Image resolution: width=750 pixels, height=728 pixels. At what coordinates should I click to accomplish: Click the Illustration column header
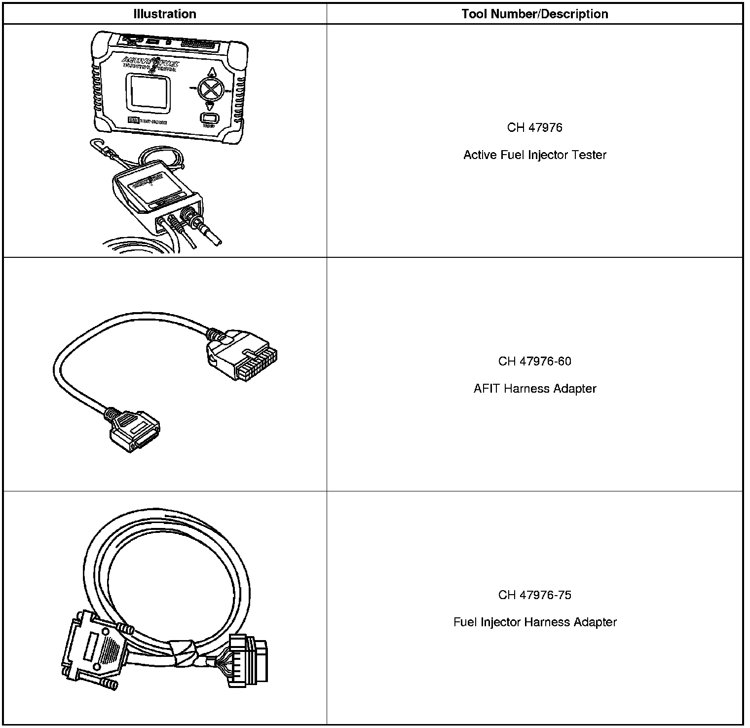point(164,14)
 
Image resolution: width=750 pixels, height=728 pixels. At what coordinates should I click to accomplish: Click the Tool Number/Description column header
point(534,14)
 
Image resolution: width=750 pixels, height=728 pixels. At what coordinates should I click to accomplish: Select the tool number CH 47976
point(534,127)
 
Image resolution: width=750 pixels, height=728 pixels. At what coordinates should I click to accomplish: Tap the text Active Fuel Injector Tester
point(534,155)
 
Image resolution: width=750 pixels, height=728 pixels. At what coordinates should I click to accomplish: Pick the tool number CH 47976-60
point(534,362)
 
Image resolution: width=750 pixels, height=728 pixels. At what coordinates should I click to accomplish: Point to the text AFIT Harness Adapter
point(534,389)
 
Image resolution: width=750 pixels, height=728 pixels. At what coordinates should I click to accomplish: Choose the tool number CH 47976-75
point(534,595)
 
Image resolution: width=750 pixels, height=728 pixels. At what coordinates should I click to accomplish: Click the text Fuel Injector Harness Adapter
point(534,622)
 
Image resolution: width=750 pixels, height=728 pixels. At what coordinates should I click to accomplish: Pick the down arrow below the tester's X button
point(209,106)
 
